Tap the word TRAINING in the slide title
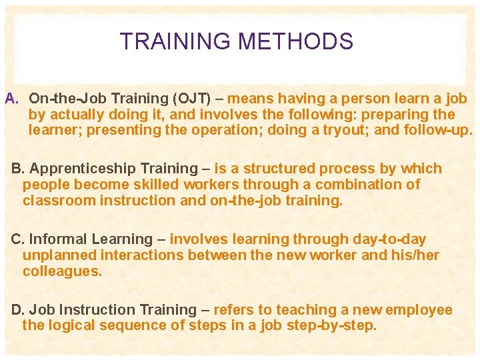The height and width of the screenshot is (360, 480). (175, 42)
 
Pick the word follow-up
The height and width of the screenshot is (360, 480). (440, 130)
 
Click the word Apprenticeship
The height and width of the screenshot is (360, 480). (77, 169)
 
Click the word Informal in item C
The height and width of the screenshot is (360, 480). (59, 239)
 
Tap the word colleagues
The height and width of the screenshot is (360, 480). (62, 271)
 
